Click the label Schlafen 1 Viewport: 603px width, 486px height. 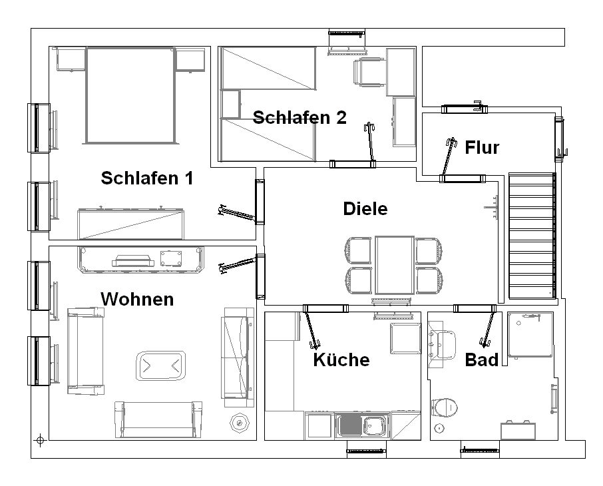(147, 178)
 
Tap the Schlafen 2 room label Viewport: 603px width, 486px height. (300, 117)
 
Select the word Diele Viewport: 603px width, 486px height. (365, 208)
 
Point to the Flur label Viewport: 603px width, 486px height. (482, 147)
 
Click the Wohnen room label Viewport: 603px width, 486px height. (137, 300)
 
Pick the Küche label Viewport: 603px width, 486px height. (341, 360)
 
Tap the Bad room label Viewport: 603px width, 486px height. (481, 360)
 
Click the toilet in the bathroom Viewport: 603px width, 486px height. (445, 407)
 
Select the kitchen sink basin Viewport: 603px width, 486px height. (374, 425)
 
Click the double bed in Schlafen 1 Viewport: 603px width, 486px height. (130, 95)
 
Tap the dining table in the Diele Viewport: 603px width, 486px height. (395, 265)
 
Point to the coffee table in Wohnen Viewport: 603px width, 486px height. (161, 365)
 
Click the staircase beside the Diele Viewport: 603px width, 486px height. (532, 236)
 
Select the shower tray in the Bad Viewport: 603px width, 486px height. (530, 335)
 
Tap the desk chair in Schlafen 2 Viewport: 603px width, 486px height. (369, 72)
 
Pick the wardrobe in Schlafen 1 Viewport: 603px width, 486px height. (130, 224)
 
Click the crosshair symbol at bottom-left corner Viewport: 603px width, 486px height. (40, 440)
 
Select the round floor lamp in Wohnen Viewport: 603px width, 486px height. (240, 423)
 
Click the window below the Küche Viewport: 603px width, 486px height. (367, 450)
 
